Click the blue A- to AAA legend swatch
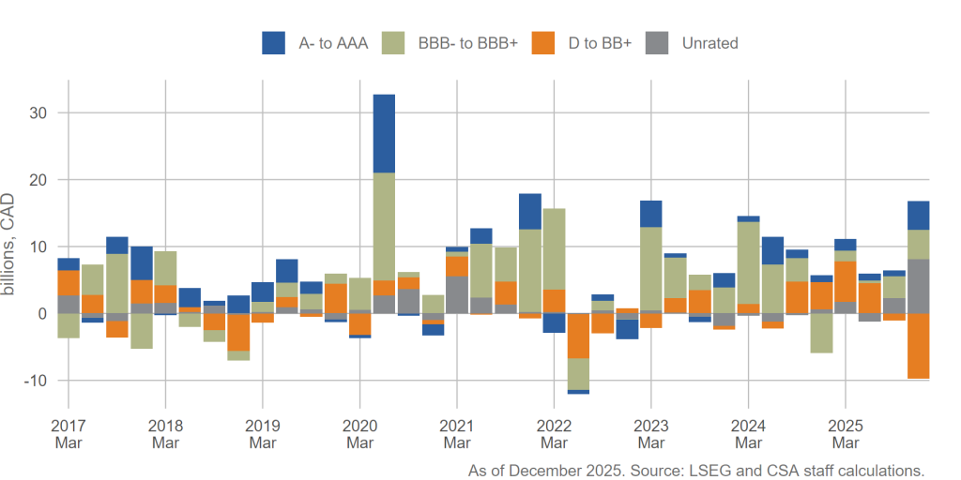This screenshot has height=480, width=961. pos(273,42)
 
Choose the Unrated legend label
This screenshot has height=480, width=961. pos(709,43)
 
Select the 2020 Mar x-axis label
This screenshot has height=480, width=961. pos(360,434)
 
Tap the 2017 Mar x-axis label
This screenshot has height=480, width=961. pos(69,434)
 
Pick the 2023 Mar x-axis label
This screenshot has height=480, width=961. pos(651,434)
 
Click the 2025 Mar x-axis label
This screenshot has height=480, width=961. pos(846,434)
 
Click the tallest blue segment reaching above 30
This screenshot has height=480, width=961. pos(384,133)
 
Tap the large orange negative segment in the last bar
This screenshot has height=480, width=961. pos(918,346)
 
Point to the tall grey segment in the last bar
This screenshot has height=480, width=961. pos(918,286)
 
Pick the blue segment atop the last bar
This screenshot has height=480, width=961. pos(918,216)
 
